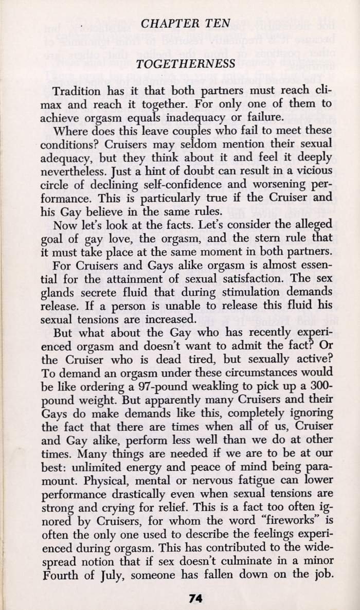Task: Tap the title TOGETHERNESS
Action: pyautogui.click(x=180, y=64)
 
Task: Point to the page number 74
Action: pyautogui.click(x=195, y=598)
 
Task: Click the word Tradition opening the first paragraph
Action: pyautogui.click(x=91, y=91)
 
